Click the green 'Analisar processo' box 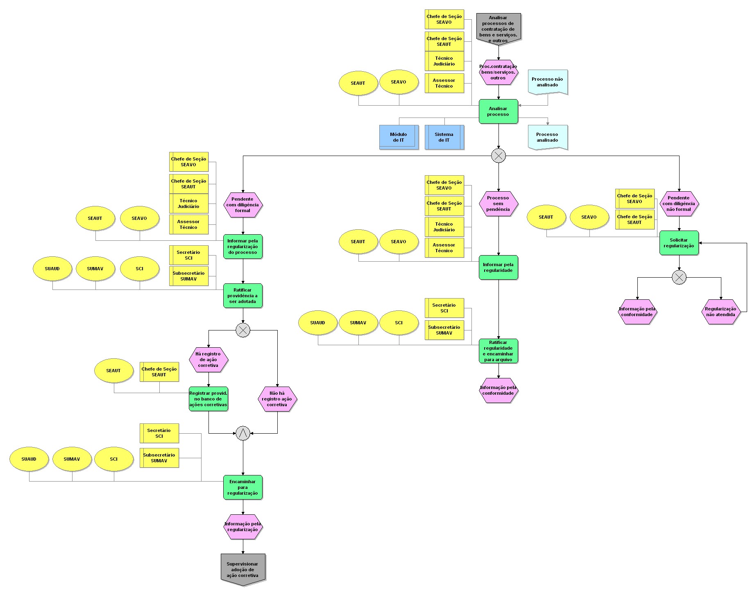[498, 111]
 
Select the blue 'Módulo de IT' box [399, 137]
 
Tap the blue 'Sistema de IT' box [444, 137]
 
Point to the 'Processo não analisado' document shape [547, 82]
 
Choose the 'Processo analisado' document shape [547, 137]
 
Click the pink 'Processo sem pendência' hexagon [498, 204]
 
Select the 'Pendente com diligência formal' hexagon [242, 205]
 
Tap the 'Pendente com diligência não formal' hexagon [679, 204]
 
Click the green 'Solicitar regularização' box [679, 243]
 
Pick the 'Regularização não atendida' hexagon [721, 312]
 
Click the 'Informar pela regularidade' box [498, 267]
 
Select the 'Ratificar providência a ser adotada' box [242, 296]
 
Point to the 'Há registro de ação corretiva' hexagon [208, 360]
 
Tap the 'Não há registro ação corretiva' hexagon [277, 399]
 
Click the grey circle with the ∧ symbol [243, 433]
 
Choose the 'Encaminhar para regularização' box [242, 487]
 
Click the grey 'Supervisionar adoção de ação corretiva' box [243, 569]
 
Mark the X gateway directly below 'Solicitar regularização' [679, 277]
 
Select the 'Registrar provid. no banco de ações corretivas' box [208, 399]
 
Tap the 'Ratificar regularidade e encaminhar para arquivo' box [498, 351]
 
